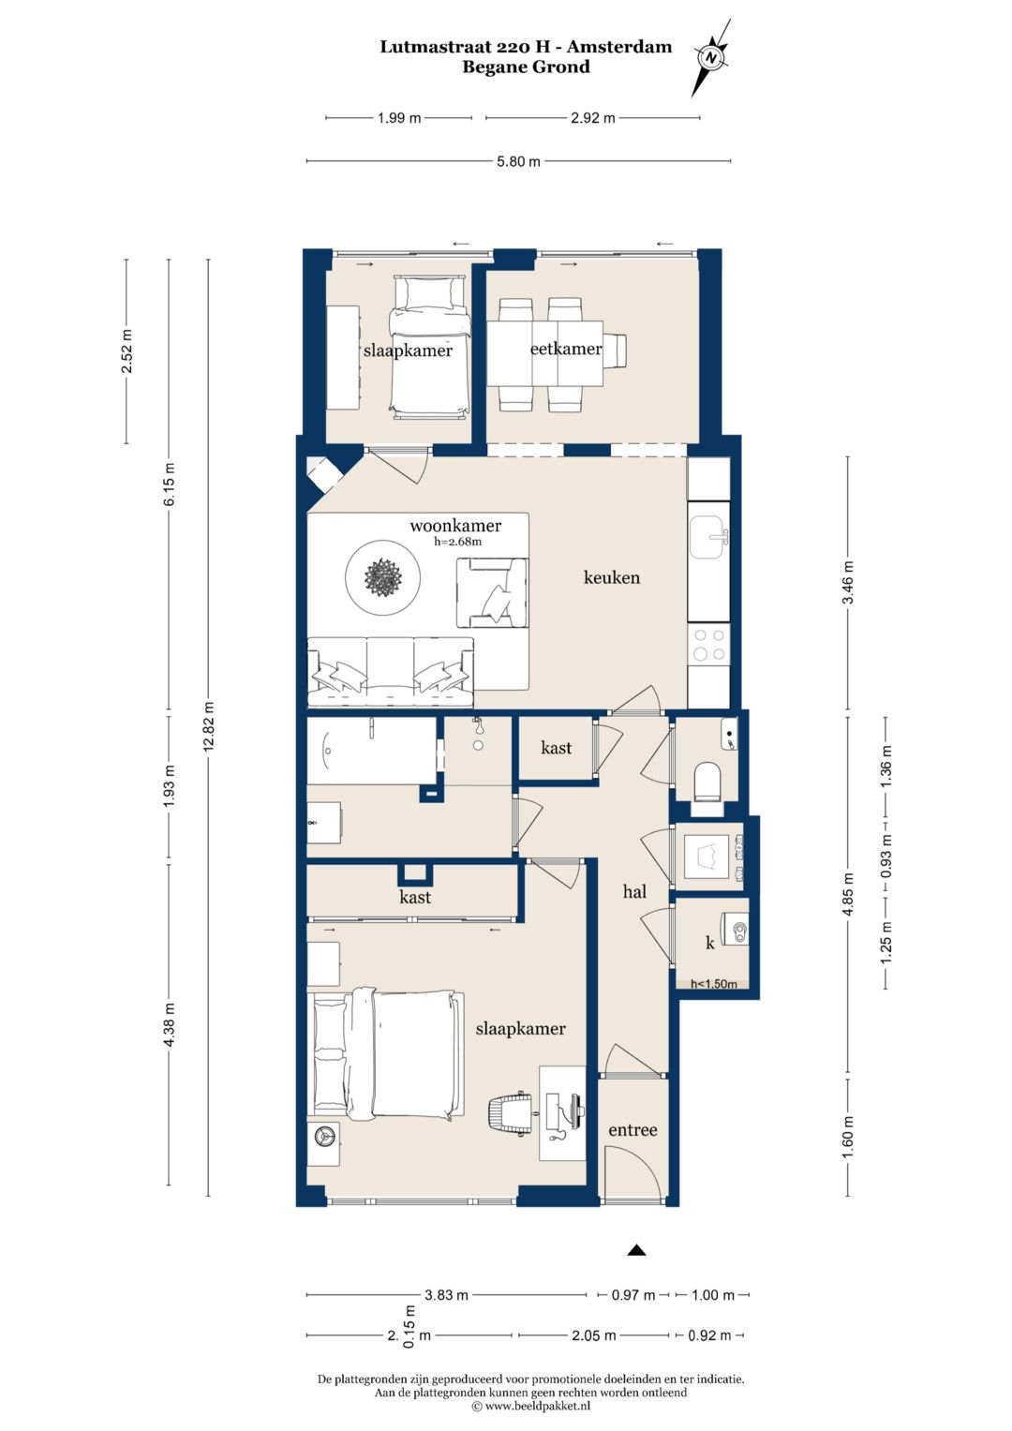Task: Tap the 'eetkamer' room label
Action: point(565,349)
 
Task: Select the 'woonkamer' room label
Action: point(454,526)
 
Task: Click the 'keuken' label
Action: point(611,577)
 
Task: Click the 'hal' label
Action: point(634,892)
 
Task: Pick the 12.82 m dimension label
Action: point(208,726)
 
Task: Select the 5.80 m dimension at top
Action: point(518,161)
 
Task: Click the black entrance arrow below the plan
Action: point(635,1250)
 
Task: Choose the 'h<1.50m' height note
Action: point(713,984)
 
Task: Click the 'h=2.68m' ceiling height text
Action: point(457,542)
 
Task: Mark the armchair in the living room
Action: point(492,592)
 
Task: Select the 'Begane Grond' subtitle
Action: point(526,67)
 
